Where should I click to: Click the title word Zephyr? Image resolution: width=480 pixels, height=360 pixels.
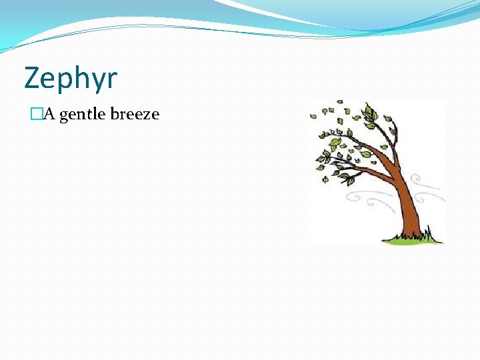point(71,79)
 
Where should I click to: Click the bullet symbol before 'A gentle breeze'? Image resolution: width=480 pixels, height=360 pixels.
point(35,115)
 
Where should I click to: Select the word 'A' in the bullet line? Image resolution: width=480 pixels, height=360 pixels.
point(49,114)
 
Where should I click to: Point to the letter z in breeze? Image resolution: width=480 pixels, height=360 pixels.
point(146,115)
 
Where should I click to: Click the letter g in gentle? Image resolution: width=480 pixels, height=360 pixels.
point(64,116)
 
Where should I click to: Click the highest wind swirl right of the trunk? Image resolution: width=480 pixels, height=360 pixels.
point(422,181)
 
